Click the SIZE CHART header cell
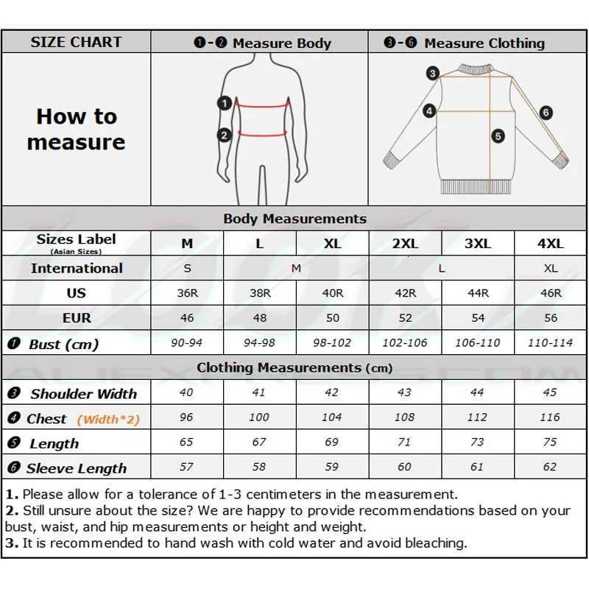click(x=76, y=43)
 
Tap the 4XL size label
click(x=551, y=244)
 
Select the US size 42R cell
click(x=405, y=293)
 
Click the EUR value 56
click(x=551, y=318)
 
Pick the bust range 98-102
click(x=332, y=343)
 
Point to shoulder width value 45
click(x=550, y=392)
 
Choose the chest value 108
click(x=404, y=417)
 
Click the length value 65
click(x=186, y=442)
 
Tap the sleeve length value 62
click(x=550, y=466)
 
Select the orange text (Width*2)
click(x=108, y=419)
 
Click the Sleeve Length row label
click(x=76, y=468)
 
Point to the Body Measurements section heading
click(x=294, y=219)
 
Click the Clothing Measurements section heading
click(x=294, y=367)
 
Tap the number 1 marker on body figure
click(x=225, y=104)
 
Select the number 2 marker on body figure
click(x=225, y=135)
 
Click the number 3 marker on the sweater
click(x=433, y=73)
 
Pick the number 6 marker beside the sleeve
click(x=546, y=113)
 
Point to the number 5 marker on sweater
click(x=498, y=136)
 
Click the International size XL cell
click(x=551, y=269)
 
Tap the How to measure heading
click(x=76, y=129)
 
